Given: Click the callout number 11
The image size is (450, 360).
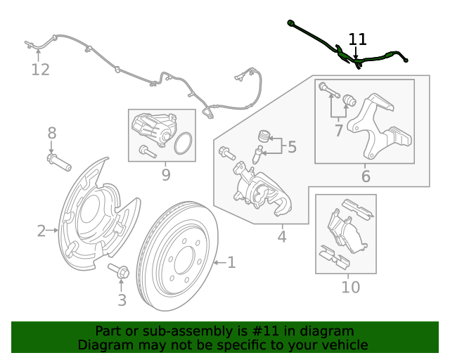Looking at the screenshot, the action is pyautogui.click(x=358, y=39).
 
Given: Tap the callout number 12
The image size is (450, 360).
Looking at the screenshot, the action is pyautogui.click(x=40, y=70).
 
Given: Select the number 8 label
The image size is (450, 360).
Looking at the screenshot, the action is pyautogui.click(x=51, y=133).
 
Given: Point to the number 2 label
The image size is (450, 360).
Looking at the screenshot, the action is pyautogui.click(x=41, y=231).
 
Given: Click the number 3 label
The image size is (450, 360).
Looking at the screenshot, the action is pyautogui.click(x=122, y=300).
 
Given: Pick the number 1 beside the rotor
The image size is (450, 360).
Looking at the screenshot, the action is pyautogui.click(x=231, y=262).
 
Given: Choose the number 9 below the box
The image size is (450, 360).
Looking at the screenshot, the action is pyautogui.click(x=166, y=174).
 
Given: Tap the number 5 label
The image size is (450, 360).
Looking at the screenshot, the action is pyautogui.click(x=292, y=147).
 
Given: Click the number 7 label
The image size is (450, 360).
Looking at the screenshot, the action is pyautogui.click(x=339, y=131).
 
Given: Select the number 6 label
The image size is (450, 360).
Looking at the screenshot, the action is pyautogui.click(x=366, y=176).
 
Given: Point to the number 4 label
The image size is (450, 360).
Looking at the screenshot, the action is pyautogui.click(x=282, y=237).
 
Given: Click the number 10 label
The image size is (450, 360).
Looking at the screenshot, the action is pyautogui.click(x=351, y=287).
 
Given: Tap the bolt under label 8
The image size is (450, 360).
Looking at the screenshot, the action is pyautogui.click(x=59, y=162).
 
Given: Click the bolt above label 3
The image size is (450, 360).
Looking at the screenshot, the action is pyautogui.click(x=119, y=271).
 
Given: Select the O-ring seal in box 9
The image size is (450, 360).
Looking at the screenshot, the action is pyautogui.click(x=183, y=143).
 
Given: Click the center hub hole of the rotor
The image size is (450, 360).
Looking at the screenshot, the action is pyautogui.click(x=184, y=260).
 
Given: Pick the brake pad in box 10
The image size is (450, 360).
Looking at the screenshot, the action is pyautogui.click(x=347, y=231).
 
